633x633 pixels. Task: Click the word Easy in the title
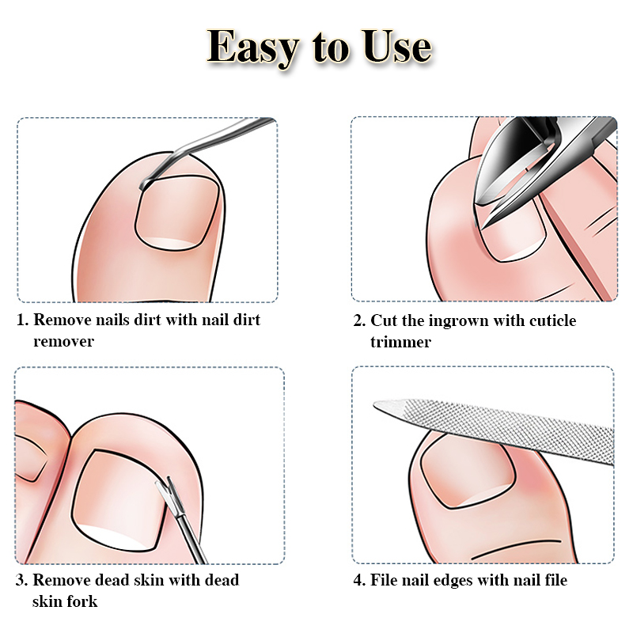[x=253, y=48]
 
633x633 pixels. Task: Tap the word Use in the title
[x=396, y=46]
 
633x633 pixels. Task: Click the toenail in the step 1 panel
[x=176, y=213]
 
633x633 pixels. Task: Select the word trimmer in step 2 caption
[x=400, y=342]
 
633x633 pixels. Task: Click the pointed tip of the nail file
[x=375, y=405]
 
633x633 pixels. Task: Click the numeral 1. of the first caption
[x=23, y=320]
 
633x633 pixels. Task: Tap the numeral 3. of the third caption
[x=22, y=580]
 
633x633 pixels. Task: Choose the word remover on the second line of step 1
[x=63, y=342]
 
